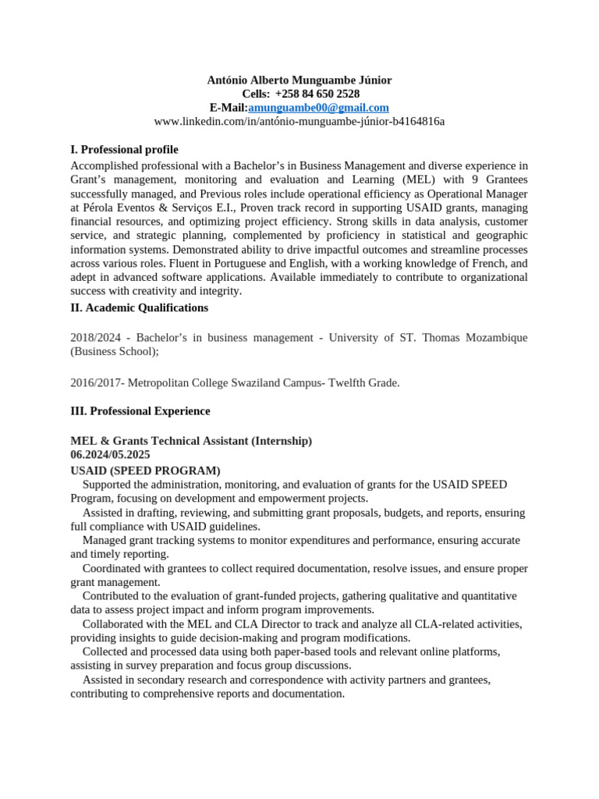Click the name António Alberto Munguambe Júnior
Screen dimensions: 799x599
click(299, 80)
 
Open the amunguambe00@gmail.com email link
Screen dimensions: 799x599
click(318, 108)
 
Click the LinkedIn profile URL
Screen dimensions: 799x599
click(299, 121)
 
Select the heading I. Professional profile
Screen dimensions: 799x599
click(124, 149)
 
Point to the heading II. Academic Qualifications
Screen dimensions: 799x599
click(139, 307)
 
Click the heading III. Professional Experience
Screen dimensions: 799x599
click(140, 410)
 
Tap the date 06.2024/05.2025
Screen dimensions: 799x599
click(110, 454)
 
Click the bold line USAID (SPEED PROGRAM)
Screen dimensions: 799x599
click(145, 471)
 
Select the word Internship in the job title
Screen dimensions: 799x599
click(281, 441)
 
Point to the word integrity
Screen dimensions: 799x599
click(220, 291)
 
